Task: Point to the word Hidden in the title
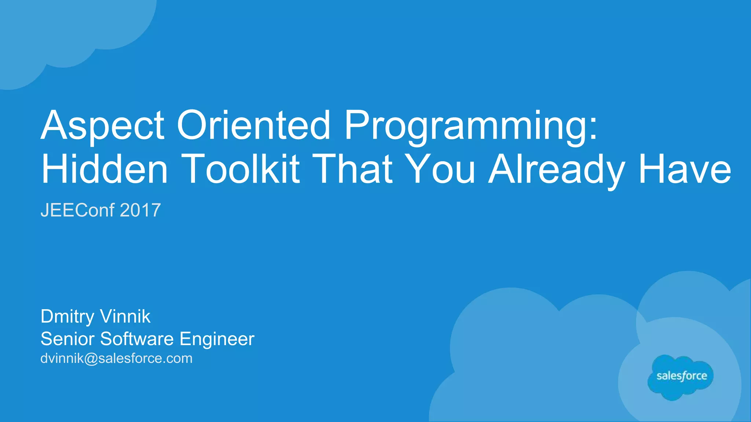pos(105,169)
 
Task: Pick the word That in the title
pos(354,169)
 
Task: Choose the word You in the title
pos(442,169)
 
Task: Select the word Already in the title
pos(557,169)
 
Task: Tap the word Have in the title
pos(685,169)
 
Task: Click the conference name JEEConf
pos(77,210)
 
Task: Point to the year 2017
pos(140,210)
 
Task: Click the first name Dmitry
pos(67,316)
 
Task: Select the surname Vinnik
pos(125,316)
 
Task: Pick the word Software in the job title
pos(137,339)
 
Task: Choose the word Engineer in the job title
pos(217,339)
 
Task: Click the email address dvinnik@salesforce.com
pos(116,358)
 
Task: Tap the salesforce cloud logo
pos(681,377)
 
